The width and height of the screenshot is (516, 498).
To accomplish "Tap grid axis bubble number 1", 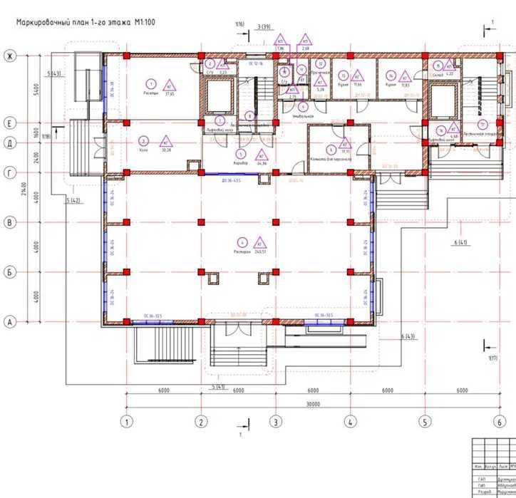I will pos(127,422).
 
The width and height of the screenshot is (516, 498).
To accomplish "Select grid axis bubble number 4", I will pos(350,422).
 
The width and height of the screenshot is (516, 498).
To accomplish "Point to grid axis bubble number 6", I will pos(500,422).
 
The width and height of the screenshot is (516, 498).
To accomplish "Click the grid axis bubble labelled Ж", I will pos(10,56).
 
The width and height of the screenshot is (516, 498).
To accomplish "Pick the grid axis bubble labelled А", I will pos(10,323).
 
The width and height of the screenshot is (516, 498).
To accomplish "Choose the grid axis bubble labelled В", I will pos(10,223).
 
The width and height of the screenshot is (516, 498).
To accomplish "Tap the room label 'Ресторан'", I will pos(242,251).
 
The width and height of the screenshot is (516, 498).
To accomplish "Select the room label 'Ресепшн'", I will pos(150,93).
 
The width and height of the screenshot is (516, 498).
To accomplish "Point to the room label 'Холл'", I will pos(144,150).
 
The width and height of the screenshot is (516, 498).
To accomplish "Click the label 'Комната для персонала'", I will pos(329,160).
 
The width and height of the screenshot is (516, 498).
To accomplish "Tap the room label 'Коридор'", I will pos(240,163).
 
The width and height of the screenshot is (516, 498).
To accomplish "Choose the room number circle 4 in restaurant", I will pos(242,241).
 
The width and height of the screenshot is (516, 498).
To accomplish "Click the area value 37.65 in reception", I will pos(170,93).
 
